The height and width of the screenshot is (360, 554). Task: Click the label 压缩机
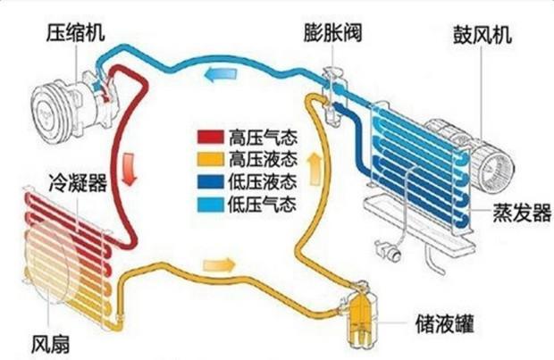76,33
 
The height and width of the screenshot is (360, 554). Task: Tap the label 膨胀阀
332,33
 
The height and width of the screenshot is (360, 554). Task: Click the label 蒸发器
522,213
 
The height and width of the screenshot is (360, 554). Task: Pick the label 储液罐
444,323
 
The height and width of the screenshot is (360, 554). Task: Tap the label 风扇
51,344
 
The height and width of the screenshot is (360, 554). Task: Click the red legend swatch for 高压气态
211,137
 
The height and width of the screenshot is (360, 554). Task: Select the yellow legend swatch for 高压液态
211,159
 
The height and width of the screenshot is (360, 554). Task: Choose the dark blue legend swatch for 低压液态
211,182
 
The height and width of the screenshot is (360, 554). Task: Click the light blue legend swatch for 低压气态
211,205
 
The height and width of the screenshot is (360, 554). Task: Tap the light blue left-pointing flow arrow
221,74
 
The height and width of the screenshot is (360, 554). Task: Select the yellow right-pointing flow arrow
220,264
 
